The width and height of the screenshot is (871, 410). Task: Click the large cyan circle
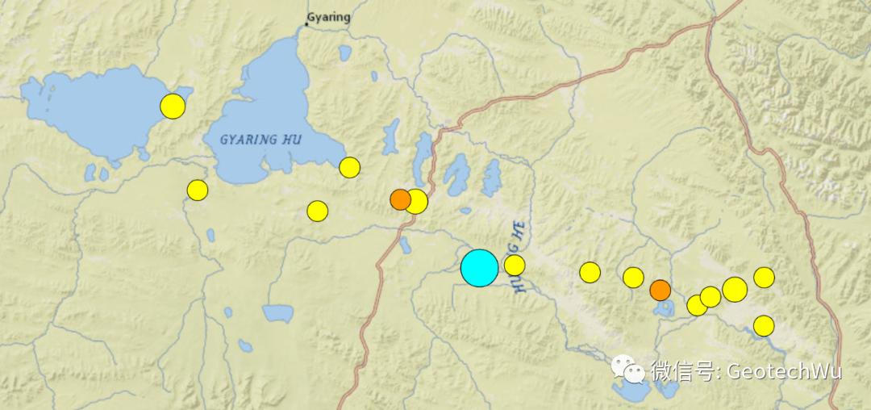tap(480, 268)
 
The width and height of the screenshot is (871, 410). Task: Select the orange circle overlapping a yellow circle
tap(399, 199)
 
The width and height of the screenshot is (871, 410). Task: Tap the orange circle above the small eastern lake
tap(661, 291)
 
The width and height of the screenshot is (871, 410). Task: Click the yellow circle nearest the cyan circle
tap(515, 265)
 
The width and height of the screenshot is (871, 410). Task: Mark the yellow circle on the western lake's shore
tap(173, 106)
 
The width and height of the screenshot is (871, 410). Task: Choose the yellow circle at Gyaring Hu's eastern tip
tap(349, 167)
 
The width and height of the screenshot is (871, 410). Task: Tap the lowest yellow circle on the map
tap(764, 326)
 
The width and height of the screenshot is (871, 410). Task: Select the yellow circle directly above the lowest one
tap(764, 278)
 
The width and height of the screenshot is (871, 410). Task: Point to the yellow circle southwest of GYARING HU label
tap(198, 190)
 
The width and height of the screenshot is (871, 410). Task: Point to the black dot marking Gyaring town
tap(306, 24)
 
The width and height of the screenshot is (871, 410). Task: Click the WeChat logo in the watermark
tap(627, 369)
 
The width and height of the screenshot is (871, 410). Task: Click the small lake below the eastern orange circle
tap(665, 307)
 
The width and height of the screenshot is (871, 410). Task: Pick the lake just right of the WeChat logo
tap(666, 389)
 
